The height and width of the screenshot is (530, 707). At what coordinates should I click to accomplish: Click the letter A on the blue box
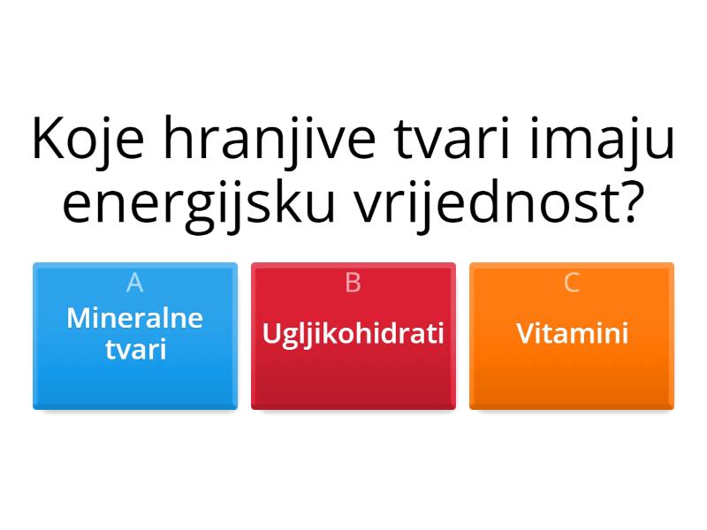[135, 283]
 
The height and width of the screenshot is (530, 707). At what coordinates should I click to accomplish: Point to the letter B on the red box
[353, 283]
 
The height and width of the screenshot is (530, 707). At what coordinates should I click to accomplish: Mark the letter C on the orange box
[572, 283]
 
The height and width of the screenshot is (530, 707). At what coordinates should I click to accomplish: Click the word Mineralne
[135, 318]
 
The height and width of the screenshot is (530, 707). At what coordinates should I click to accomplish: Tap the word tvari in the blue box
[135, 349]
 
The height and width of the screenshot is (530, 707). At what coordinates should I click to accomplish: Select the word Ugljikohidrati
[353, 334]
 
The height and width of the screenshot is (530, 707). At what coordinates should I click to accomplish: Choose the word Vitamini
[572, 334]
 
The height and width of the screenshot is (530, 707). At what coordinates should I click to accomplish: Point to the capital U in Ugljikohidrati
[270, 334]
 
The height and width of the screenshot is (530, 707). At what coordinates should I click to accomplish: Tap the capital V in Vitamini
[524, 334]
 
